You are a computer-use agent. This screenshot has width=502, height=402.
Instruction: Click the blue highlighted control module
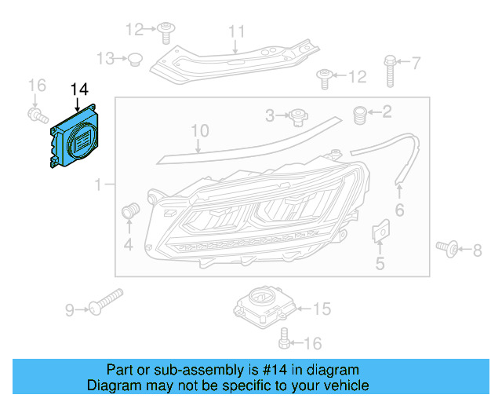click(x=75, y=138)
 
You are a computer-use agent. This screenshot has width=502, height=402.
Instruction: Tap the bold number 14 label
click(x=80, y=89)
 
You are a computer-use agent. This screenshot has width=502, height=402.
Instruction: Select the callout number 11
click(x=236, y=31)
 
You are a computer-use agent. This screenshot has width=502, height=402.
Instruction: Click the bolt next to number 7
click(x=389, y=70)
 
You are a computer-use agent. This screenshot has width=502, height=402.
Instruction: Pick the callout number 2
click(x=386, y=112)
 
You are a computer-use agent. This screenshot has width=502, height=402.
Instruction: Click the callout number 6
click(x=398, y=210)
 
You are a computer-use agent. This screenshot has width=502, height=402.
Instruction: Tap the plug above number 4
click(x=130, y=210)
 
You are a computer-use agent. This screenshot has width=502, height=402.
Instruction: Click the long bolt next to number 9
click(x=106, y=301)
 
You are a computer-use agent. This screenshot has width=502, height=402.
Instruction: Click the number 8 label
click(x=477, y=250)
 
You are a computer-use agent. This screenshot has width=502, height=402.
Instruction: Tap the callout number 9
click(x=70, y=310)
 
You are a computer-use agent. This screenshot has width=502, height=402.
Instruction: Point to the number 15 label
click(x=322, y=309)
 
